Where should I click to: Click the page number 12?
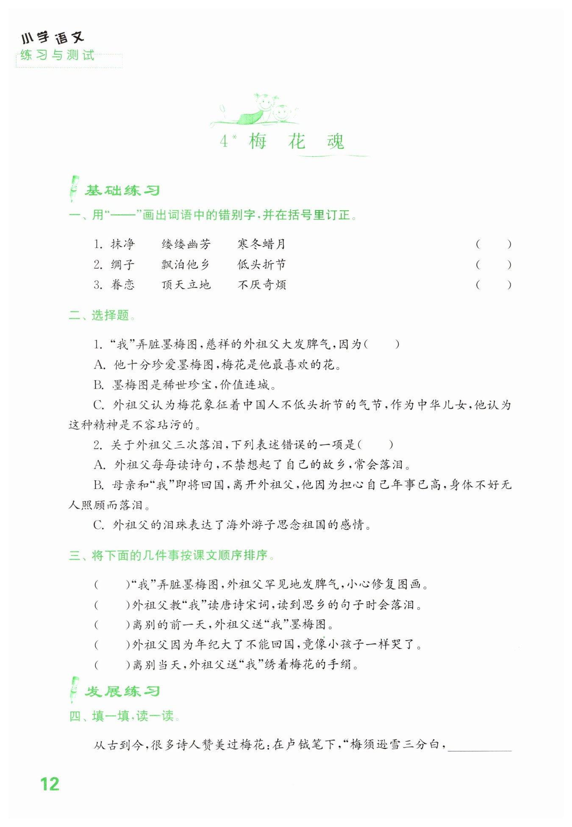(x=50, y=784)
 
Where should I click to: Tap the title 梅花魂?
(x=296, y=142)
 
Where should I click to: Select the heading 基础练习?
(x=122, y=191)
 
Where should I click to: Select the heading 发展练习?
(x=122, y=692)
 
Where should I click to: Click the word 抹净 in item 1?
(x=123, y=244)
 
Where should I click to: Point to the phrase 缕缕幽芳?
(x=186, y=244)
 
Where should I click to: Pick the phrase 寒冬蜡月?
(x=261, y=244)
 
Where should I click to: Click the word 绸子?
(x=123, y=265)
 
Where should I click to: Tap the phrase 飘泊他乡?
(x=186, y=265)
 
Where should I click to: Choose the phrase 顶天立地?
(x=186, y=285)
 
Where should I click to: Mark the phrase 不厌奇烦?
(x=262, y=285)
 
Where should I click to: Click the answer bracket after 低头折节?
(x=493, y=265)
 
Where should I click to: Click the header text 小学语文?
(x=53, y=39)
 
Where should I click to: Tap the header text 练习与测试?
(x=57, y=56)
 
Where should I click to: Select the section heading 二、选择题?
(x=102, y=315)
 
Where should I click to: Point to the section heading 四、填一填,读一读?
(x=125, y=716)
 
